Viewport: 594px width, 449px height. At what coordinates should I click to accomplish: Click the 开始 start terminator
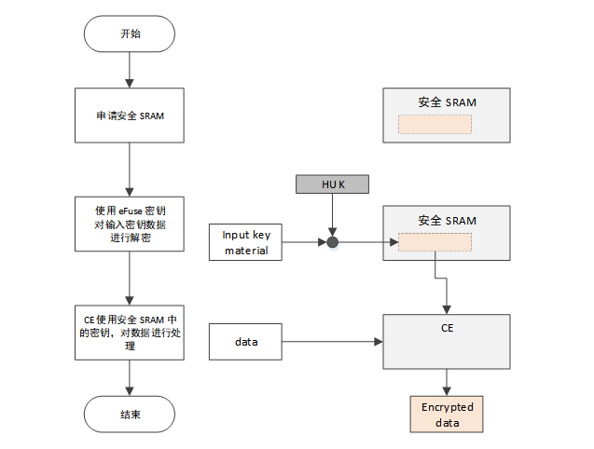tap(130, 34)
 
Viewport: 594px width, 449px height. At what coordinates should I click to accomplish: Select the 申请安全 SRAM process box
tap(130, 116)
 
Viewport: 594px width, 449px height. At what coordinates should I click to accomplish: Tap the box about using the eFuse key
tap(130, 223)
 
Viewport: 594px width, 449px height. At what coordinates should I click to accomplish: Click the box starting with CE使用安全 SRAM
tap(130, 332)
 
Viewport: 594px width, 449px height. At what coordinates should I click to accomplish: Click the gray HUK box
tap(333, 184)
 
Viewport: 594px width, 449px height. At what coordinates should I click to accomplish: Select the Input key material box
tap(246, 242)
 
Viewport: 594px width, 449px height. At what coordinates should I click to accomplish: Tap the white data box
tap(246, 342)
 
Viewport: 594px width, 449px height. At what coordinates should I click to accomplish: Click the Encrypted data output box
tap(448, 415)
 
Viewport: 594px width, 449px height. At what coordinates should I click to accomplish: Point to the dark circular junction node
tap(332, 242)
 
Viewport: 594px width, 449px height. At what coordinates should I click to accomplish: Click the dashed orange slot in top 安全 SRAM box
tap(435, 125)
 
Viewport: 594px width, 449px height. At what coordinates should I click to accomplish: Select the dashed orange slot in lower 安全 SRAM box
tap(435, 242)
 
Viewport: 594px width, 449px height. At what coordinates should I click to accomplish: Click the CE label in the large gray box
tap(448, 329)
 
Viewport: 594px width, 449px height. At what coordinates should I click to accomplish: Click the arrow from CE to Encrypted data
tap(448, 382)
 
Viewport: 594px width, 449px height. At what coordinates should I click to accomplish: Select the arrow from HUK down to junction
tap(333, 214)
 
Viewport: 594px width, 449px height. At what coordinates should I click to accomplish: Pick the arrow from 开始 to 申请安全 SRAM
tap(130, 70)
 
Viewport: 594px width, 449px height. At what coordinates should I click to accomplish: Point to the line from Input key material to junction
tap(304, 242)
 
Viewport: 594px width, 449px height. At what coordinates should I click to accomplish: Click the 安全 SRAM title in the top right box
tap(447, 102)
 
